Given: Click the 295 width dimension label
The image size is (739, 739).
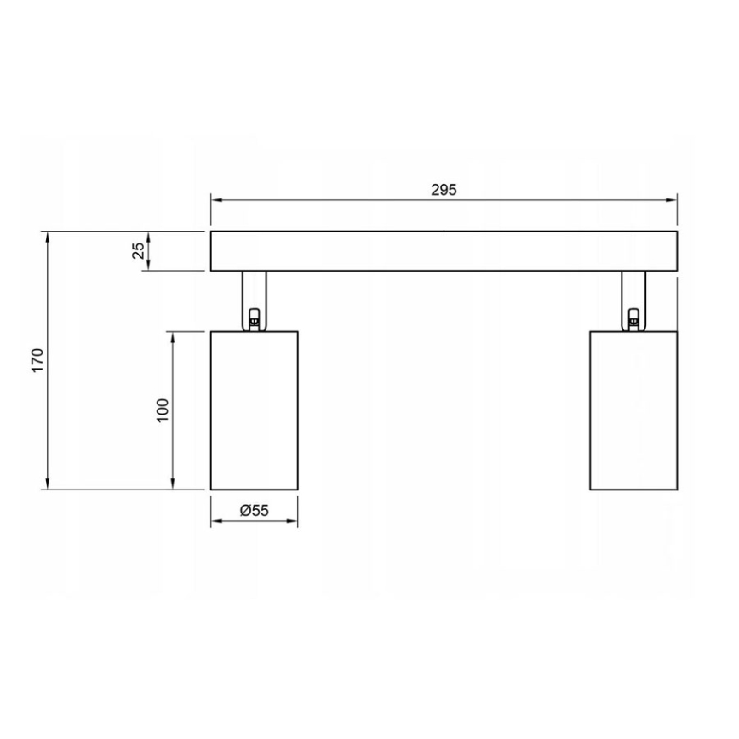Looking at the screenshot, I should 444,190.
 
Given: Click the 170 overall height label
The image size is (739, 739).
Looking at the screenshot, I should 35,360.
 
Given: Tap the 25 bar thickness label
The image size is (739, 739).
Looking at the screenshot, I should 137,251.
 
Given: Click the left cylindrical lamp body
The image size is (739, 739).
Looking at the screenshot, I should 254,410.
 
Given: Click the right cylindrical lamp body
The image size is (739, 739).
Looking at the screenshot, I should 633,410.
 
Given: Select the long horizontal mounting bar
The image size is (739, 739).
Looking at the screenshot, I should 444,251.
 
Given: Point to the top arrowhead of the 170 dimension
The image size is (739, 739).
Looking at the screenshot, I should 47,236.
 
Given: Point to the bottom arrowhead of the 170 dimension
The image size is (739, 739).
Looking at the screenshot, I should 47,485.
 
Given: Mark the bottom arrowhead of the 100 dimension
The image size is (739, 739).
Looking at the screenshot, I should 174,485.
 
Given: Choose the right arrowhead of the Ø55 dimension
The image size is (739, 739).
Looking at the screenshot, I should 293,521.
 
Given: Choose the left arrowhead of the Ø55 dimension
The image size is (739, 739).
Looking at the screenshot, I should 215,521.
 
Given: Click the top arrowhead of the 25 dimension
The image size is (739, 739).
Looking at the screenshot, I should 149,236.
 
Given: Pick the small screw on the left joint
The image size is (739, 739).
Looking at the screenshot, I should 253,319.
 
